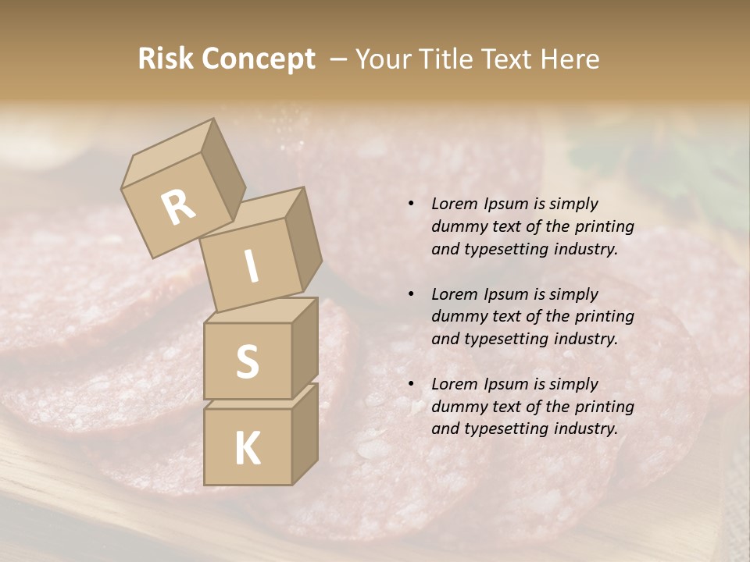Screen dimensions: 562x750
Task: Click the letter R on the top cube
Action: coord(178,208)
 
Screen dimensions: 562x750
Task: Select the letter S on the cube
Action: coord(247,361)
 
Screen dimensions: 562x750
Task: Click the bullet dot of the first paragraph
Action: coord(412,205)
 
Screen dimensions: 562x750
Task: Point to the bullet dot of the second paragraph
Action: coord(412,295)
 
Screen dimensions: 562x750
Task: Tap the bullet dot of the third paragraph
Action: coord(412,385)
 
